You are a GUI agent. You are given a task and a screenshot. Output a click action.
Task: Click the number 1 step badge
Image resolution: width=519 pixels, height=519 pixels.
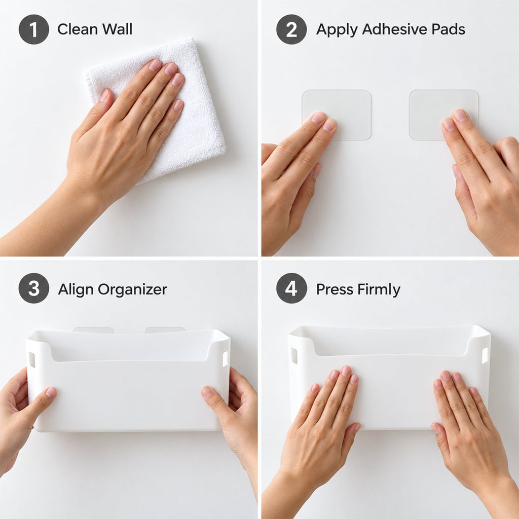(34, 29)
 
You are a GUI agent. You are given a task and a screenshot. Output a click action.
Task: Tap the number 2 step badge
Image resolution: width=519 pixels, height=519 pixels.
(291, 29)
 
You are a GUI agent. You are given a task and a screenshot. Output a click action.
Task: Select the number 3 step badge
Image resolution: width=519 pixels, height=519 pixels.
(34, 288)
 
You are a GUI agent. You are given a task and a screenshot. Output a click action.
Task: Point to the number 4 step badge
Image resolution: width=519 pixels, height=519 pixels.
(291, 288)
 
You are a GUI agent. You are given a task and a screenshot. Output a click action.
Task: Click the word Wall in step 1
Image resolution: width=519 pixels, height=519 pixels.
(117, 29)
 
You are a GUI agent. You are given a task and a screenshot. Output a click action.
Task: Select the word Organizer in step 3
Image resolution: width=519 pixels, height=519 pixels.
(132, 289)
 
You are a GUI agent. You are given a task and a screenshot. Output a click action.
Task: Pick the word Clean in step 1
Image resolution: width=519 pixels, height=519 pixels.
(78, 29)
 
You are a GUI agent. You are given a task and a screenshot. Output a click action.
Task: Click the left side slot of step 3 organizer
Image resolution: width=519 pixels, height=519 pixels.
(32, 360)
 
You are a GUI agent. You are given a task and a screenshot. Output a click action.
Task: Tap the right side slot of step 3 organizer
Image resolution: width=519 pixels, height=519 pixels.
(225, 359)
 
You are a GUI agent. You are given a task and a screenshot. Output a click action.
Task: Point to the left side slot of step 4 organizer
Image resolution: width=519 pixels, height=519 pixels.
(293, 356)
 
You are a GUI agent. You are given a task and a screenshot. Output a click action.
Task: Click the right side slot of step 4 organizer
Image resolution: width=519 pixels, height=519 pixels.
(485, 355)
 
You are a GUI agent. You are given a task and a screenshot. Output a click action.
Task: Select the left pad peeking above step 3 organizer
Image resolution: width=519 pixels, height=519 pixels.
(93, 330)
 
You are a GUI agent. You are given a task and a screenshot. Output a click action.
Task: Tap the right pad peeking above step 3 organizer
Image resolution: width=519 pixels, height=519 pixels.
(165, 330)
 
